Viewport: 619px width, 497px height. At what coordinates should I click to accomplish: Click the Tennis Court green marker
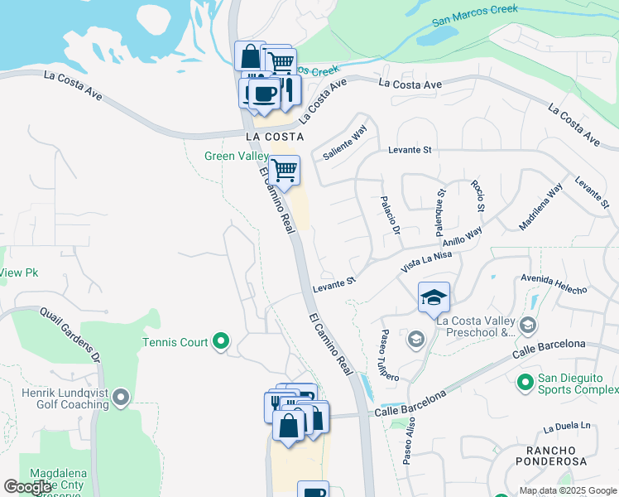tap(220, 340)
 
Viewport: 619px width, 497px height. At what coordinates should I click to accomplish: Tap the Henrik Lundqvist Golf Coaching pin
tap(121, 398)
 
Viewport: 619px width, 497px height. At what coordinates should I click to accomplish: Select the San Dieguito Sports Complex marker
tap(524, 383)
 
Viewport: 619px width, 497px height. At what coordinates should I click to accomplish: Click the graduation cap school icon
tap(434, 297)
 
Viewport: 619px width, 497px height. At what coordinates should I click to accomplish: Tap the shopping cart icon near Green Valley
tap(285, 170)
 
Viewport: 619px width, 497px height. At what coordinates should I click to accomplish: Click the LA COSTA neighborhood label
tap(274, 137)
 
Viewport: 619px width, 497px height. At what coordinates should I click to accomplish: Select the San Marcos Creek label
tap(476, 15)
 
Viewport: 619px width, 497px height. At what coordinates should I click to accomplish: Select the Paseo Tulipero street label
tap(389, 355)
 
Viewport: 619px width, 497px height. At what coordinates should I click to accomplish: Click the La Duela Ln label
tap(569, 428)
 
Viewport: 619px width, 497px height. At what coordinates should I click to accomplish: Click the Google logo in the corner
tap(28, 487)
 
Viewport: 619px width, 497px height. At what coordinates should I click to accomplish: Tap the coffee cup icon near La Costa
tap(265, 94)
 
